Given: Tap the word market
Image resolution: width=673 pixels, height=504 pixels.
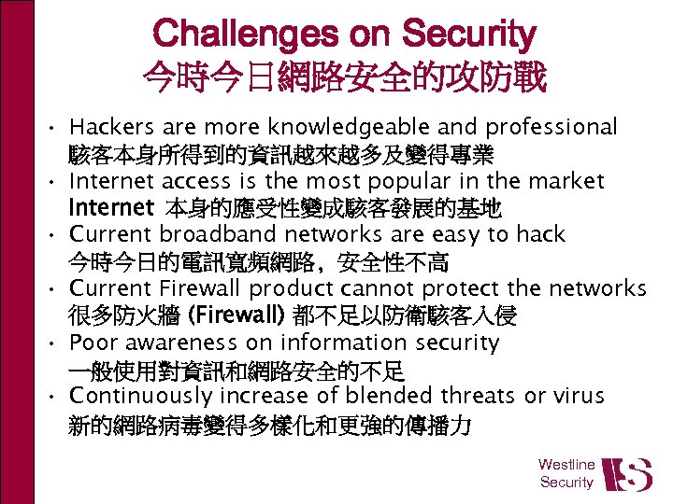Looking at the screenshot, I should [x=567, y=181].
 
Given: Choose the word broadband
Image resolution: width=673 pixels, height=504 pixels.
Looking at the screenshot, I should [x=216, y=235].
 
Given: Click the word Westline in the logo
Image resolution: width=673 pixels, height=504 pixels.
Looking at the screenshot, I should [x=566, y=464].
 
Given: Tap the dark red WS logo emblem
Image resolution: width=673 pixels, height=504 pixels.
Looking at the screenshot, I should [x=626, y=473].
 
